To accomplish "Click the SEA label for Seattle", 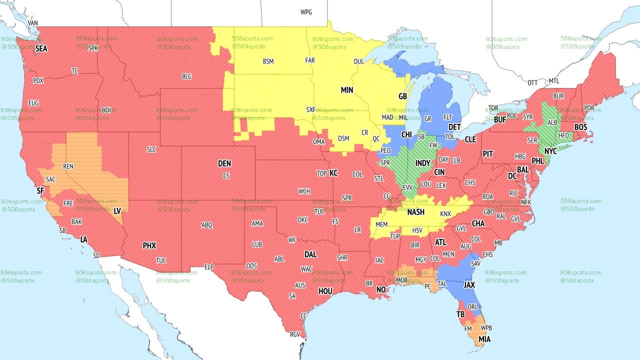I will [41, 48].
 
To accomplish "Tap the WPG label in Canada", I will [306, 12].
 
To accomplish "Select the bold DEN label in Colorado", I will [224, 163].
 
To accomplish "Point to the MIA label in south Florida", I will [484, 339].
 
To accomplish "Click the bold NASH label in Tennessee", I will [415, 212].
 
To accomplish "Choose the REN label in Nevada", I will [68, 166].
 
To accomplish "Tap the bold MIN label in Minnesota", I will [347, 90].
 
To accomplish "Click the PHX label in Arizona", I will [149, 245].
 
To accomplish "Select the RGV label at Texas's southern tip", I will [295, 334].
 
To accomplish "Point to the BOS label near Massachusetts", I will [580, 127].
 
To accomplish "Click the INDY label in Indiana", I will [422, 163].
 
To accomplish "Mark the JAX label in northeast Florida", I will [469, 284].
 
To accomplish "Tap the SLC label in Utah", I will [151, 149].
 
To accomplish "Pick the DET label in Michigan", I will [454, 127].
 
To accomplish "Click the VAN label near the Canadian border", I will [33, 23].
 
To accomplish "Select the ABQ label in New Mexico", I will [207, 225].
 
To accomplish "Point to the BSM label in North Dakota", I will [268, 62].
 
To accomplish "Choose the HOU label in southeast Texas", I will [325, 291].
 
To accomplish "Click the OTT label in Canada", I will [533, 82].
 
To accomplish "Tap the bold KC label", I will [333, 173].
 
